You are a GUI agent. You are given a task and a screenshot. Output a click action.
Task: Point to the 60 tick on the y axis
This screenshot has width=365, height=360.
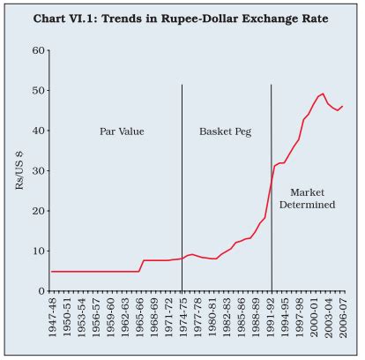tap(38, 50)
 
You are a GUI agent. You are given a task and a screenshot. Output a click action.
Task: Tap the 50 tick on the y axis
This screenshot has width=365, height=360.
tap(38, 91)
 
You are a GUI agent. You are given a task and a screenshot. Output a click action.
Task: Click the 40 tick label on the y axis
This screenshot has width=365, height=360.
tap(38, 131)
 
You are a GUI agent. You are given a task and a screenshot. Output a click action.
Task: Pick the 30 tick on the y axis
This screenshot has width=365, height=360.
tap(38, 171)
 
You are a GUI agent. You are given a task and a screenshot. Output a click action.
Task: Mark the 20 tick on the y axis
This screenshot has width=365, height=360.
tap(38, 211)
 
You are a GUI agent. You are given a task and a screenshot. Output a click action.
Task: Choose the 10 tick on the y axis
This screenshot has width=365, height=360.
tap(38, 251)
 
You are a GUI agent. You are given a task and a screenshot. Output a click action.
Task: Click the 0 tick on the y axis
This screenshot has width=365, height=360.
tap(41, 291)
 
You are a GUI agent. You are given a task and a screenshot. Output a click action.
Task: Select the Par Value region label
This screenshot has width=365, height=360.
tap(121, 132)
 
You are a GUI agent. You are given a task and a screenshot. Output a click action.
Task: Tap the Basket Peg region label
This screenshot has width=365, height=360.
tap(224, 132)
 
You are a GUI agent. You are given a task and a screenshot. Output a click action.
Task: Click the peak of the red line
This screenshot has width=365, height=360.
tap(324, 94)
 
